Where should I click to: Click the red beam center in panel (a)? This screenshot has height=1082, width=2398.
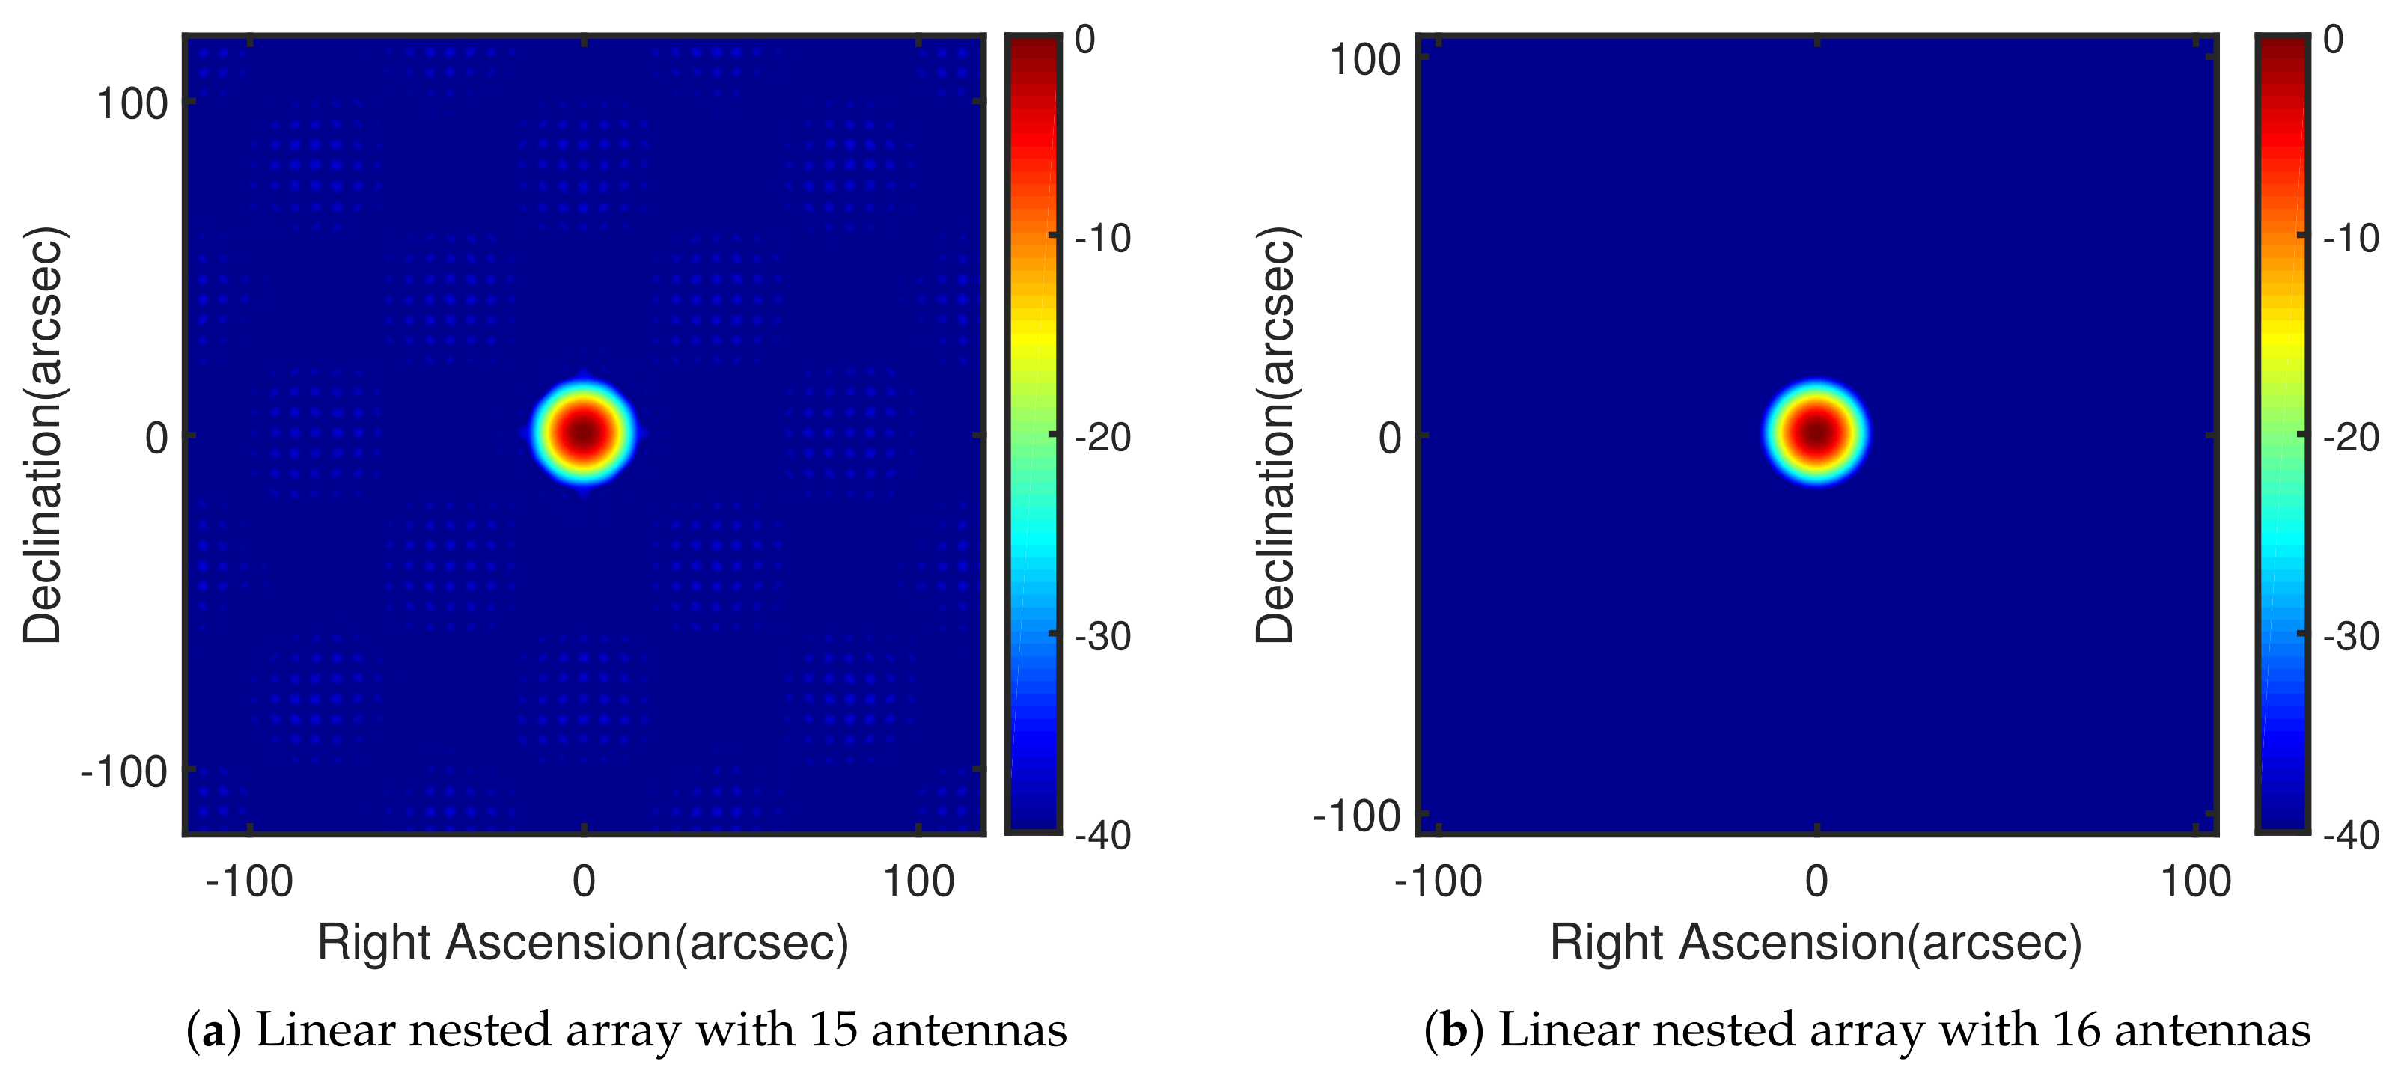pos(584,433)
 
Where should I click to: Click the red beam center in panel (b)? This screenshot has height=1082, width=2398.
pos(1816,433)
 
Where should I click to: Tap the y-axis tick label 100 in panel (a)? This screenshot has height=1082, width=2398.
pos(131,103)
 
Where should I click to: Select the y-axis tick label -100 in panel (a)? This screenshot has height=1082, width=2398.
pos(123,771)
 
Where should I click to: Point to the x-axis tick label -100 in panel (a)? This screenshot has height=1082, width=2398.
pos(248,880)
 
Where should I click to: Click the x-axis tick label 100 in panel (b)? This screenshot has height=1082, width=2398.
pos(2195,880)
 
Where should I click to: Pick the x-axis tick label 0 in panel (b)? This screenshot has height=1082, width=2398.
pos(1816,880)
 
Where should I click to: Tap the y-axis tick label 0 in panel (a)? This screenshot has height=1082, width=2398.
pos(156,437)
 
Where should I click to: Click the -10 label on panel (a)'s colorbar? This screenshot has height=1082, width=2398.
pos(1102,238)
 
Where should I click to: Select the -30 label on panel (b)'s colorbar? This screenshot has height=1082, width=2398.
pos(2351,636)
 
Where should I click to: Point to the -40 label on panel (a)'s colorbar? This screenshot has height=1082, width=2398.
pos(1102,836)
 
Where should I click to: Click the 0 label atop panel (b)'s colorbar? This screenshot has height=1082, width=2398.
pos(2333,39)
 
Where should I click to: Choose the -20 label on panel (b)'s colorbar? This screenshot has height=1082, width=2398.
pos(2351,437)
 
